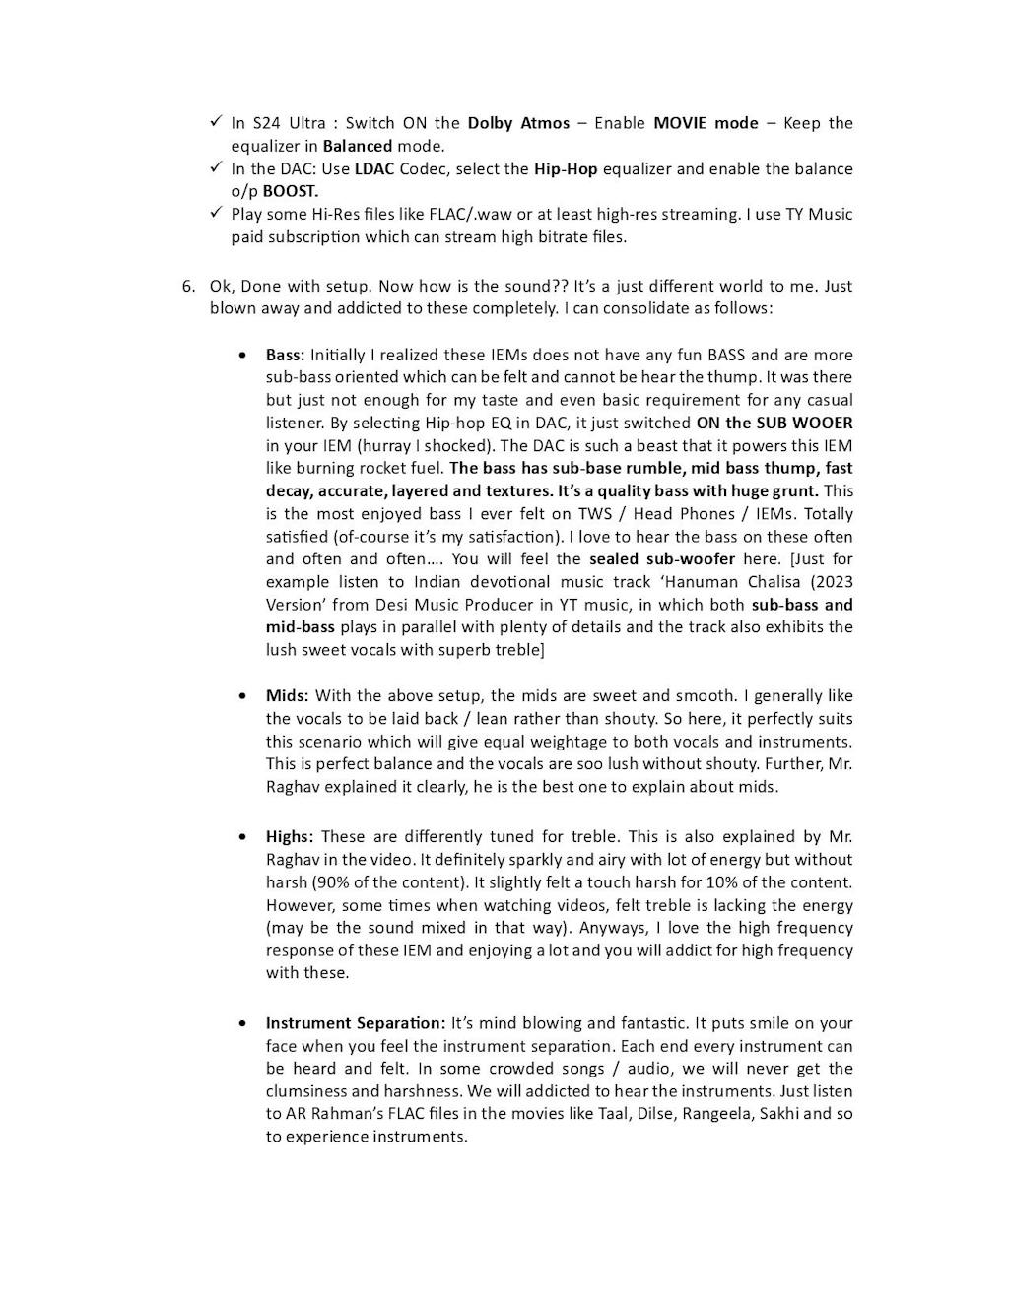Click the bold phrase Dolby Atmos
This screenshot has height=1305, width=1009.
click(518, 123)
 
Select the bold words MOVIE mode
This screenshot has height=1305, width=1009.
click(706, 123)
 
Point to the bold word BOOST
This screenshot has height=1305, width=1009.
click(290, 191)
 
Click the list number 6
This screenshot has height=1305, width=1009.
click(187, 286)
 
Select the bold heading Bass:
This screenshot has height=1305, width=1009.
click(285, 355)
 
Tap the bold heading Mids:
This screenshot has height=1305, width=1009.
click(287, 696)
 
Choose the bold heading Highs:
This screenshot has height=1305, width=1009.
click(290, 836)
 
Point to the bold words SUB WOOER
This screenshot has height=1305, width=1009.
click(804, 423)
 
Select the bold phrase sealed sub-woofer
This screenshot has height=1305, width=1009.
click(662, 559)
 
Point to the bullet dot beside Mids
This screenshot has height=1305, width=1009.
click(243, 696)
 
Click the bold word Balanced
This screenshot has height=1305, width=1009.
click(358, 146)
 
